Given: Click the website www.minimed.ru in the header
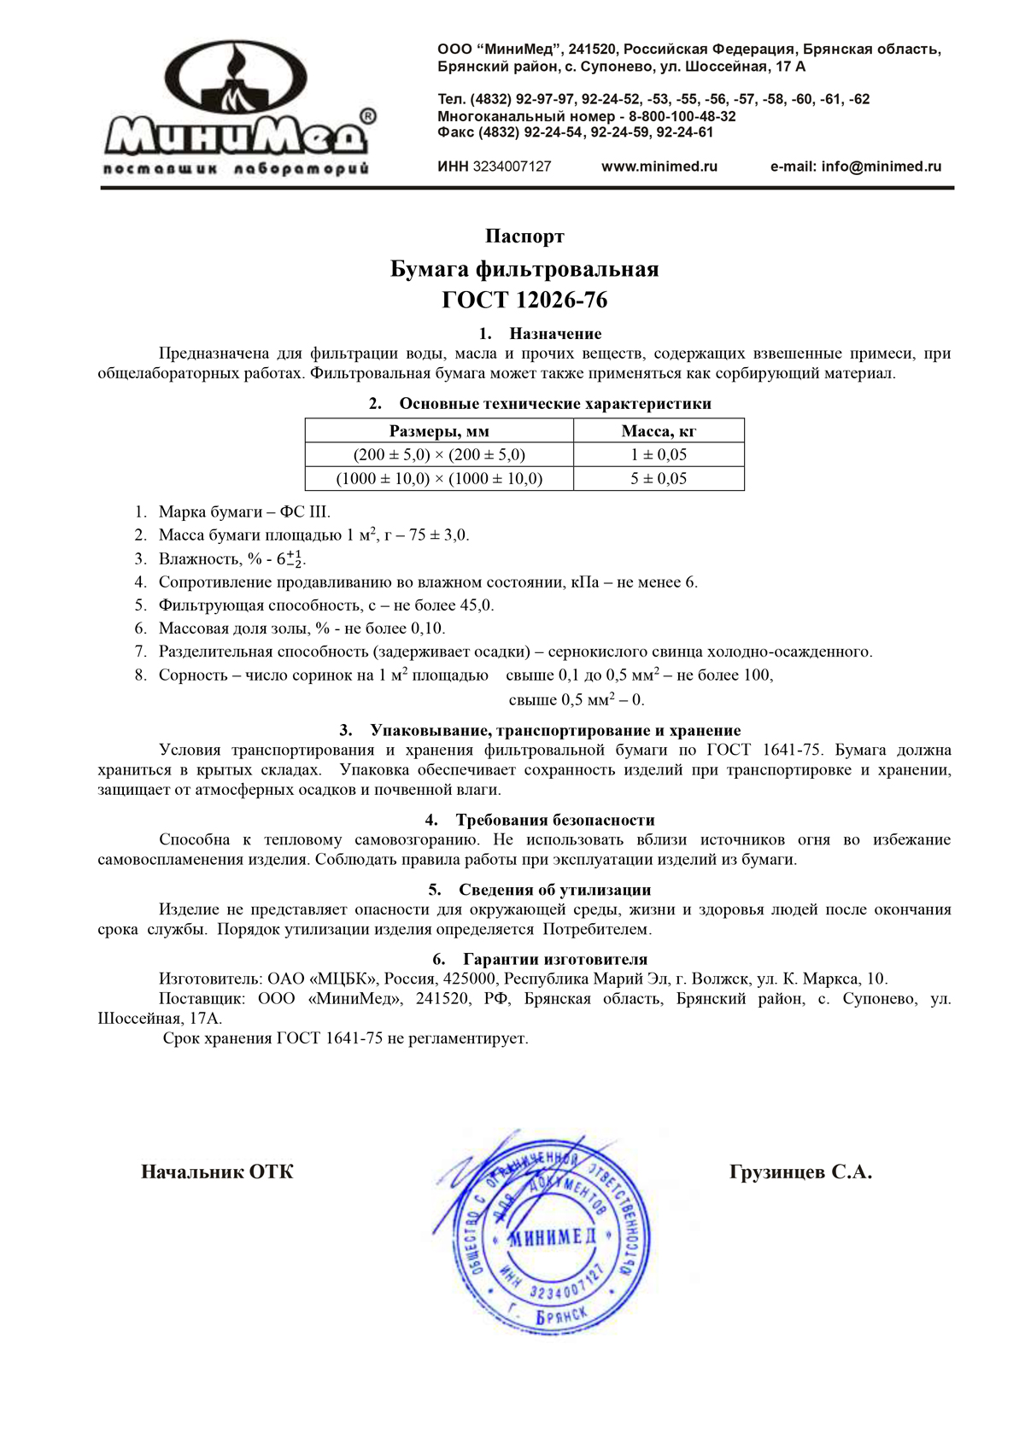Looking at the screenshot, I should pyautogui.click(x=659, y=167).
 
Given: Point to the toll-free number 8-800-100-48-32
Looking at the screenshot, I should pyautogui.click(x=682, y=116).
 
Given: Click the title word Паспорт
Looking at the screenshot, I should pyautogui.click(x=524, y=236).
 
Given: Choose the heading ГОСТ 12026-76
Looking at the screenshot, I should pyautogui.click(x=524, y=301).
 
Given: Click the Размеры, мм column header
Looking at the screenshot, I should pyautogui.click(x=439, y=431).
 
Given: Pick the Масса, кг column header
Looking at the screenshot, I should pyautogui.click(x=659, y=431).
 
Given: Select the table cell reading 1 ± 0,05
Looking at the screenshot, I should pyautogui.click(x=659, y=455).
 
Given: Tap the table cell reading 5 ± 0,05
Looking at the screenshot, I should pyautogui.click(x=659, y=479).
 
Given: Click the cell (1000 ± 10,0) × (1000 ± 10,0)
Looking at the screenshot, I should pyautogui.click(x=439, y=479).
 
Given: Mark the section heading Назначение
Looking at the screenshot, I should pyautogui.click(x=555, y=334).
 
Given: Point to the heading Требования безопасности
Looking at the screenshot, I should pyautogui.click(x=555, y=821).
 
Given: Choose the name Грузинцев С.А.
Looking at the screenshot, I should pyautogui.click(x=800, y=1172).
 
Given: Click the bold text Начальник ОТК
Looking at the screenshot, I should pyautogui.click(x=217, y=1172).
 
